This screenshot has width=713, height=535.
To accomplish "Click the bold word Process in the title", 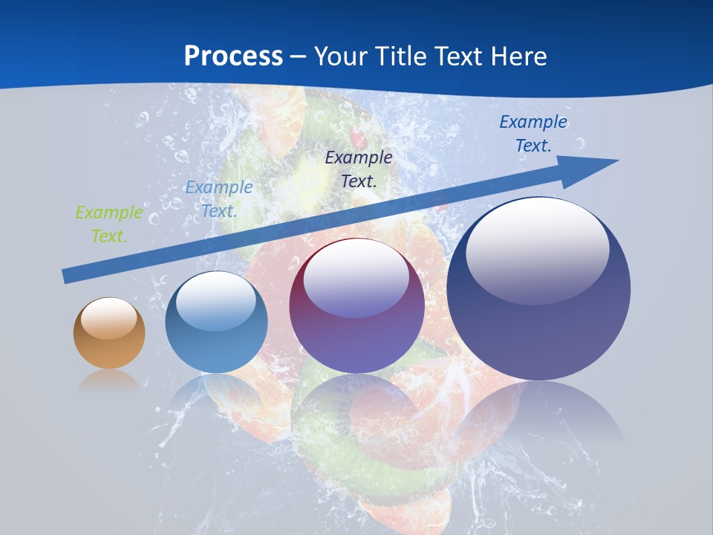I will coord(233,56).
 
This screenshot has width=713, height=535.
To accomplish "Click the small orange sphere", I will coord(109,343).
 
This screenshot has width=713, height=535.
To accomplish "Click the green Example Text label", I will coord(109,224).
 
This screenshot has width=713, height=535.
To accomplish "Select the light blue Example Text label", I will coord(219,199).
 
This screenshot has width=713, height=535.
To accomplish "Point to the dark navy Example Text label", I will coord(359,169).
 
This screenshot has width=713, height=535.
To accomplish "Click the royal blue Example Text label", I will coord(533,134).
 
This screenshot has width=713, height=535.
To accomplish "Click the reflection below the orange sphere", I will coord(109,380).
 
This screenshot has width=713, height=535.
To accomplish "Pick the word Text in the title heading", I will coord(458,56).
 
